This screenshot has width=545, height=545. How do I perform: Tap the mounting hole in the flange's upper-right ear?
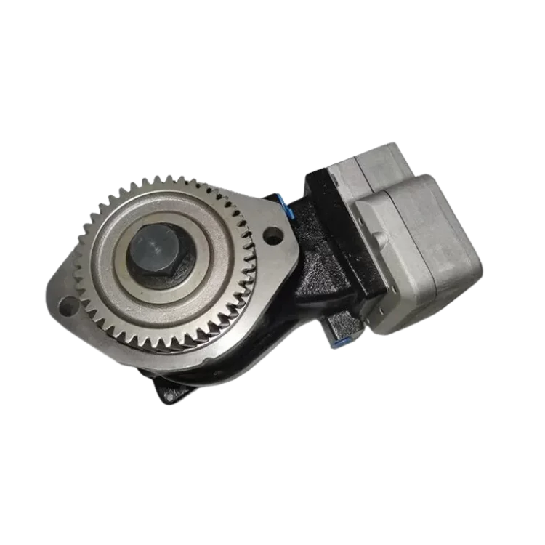272,235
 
